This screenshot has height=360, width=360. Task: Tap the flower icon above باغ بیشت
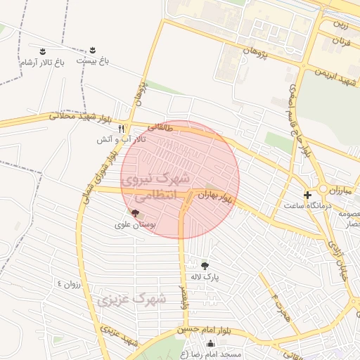(x=92, y=51)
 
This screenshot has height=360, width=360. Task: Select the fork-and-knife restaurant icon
(x=122, y=129)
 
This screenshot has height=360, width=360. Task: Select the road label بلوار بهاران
(x=214, y=197)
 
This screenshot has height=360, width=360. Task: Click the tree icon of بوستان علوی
(x=135, y=212)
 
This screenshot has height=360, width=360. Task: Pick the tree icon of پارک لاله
(x=205, y=265)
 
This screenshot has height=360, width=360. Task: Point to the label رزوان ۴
(x=70, y=284)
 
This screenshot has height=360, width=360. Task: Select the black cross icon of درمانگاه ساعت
(x=307, y=194)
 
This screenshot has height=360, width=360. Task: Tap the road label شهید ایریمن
(x=337, y=75)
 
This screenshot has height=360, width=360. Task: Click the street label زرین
(x=340, y=26)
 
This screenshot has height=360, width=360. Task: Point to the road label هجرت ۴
(x=278, y=304)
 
